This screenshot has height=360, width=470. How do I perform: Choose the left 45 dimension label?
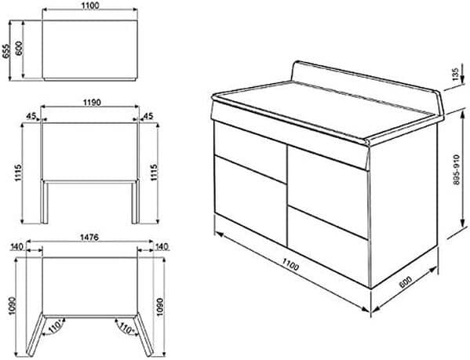coord(31,115)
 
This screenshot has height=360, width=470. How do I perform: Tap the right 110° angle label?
coord(123,329)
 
